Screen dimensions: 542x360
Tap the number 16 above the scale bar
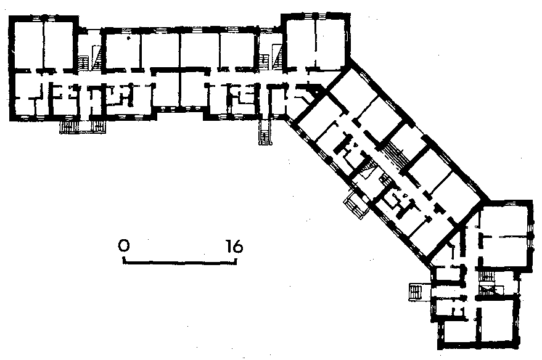point(235,247)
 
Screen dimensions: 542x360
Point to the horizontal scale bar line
point(180,262)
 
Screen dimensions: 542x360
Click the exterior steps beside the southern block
point(415,292)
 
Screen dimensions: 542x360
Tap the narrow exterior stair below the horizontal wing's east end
point(265,133)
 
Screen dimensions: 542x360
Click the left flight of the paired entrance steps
point(68,127)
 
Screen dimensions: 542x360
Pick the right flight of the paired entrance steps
point(98,127)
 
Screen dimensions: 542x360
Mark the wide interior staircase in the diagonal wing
point(397,155)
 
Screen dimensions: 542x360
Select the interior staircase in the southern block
point(487,284)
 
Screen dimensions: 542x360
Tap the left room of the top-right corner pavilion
point(301,43)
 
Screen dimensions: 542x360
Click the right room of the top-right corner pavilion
point(331,43)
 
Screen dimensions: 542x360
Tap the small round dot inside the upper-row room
point(128,38)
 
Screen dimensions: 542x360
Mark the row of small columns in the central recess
point(180,108)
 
